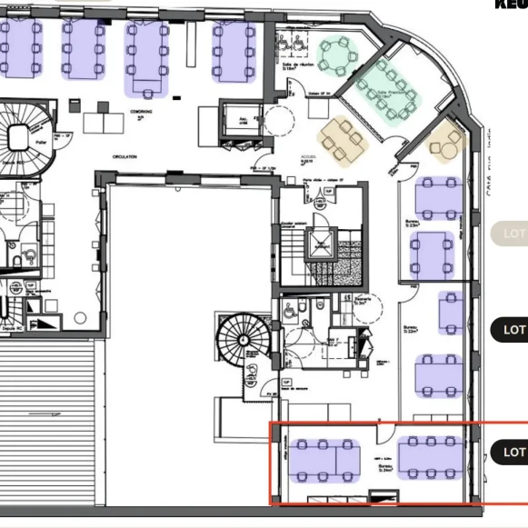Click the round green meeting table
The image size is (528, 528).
pyautogui.click(x=336, y=56)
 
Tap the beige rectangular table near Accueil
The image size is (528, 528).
pyautogui.click(x=342, y=139)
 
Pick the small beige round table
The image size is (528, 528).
pyautogui.click(x=446, y=142)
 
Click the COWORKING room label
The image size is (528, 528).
pyautogui.click(x=140, y=111)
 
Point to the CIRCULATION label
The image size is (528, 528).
pyautogui.click(x=125, y=157)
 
